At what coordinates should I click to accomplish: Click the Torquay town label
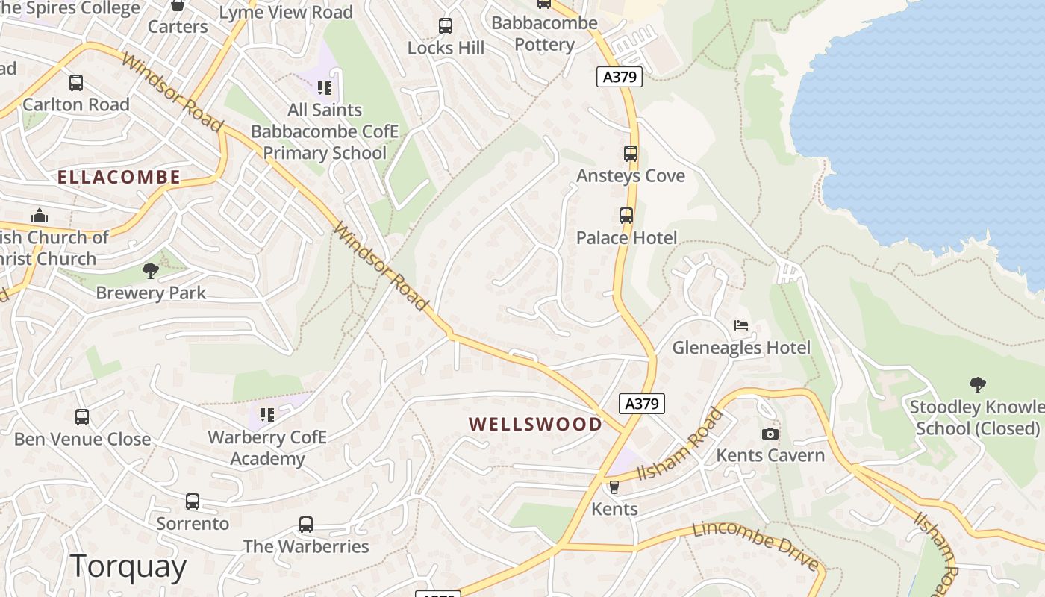pyautogui.click(x=128, y=567)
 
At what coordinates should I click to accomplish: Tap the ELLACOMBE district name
pyautogui.click(x=119, y=177)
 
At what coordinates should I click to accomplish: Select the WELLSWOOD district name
pyautogui.click(x=535, y=424)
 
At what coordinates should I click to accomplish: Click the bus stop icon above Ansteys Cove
pyautogui.click(x=631, y=154)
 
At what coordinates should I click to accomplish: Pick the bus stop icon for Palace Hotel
pyautogui.click(x=626, y=216)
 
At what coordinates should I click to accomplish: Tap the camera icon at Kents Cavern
pyautogui.click(x=770, y=434)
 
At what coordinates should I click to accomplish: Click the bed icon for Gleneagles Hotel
pyautogui.click(x=741, y=325)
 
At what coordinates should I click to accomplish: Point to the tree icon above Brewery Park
pyautogui.click(x=150, y=270)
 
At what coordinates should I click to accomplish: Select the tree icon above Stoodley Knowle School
pyautogui.click(x=977, y=385)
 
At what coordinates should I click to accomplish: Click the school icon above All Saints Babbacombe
pyautogui.click(x=324, y=88)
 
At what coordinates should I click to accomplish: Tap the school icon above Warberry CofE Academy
pyautogui.click(x=266, y=415)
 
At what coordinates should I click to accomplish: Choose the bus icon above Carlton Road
pyautogui.click(x=75, y=82)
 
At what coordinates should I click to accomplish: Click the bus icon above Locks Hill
pyautogui.click(x=446, y=26)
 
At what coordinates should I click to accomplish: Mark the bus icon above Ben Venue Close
pyautogui.click(x=82, y=417)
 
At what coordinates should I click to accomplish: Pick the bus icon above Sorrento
pyautogui.click(x=193, y=501)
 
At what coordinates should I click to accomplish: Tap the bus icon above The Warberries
pyautogui.click(x=306, y=525)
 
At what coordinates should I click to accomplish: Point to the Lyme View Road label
pyautogui.click(x=286, y=13)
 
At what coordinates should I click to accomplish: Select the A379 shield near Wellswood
pyautogui.click(x=642, y=404)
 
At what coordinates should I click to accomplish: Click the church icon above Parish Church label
pyautogui.click(x=40, y=216)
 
